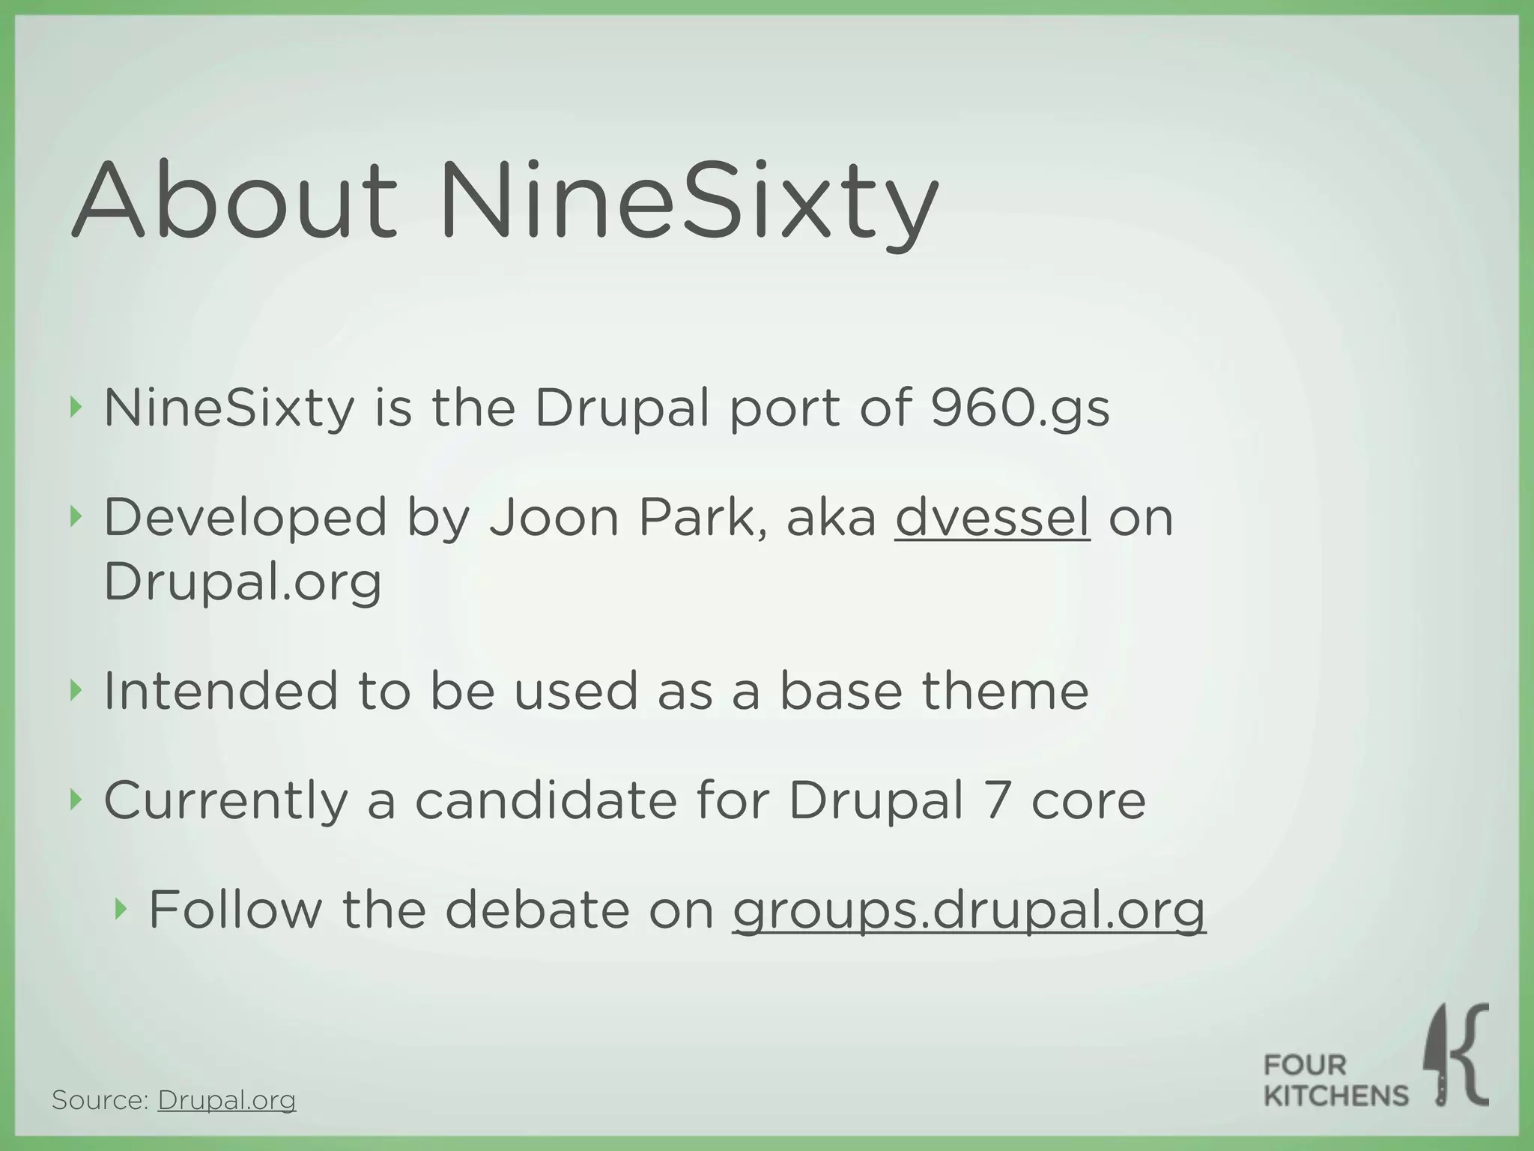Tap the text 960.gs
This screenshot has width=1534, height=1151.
[1019, 409]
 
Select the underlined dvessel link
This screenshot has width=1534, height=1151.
[992, 518]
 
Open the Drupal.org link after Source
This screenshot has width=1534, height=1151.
[227, 1100]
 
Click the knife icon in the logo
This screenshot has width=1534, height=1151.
[1438, 1054]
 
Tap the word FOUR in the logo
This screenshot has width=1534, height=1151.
[1305, 1064]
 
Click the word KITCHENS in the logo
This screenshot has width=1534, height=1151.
[1336, 1096]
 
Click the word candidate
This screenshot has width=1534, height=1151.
[546, 800]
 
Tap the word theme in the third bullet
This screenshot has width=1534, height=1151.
[1004, 691]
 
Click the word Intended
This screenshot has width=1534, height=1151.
[221, 691]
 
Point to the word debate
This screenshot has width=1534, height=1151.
[537, 910]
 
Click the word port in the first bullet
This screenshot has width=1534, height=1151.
[784, 409]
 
